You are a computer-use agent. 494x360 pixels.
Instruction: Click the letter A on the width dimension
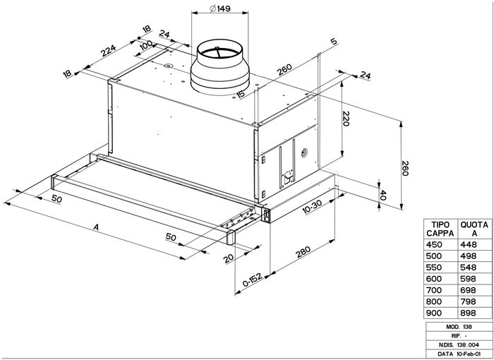97,227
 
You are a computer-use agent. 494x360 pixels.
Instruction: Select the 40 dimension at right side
383,194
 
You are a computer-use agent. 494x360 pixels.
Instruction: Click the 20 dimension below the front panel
227,259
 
